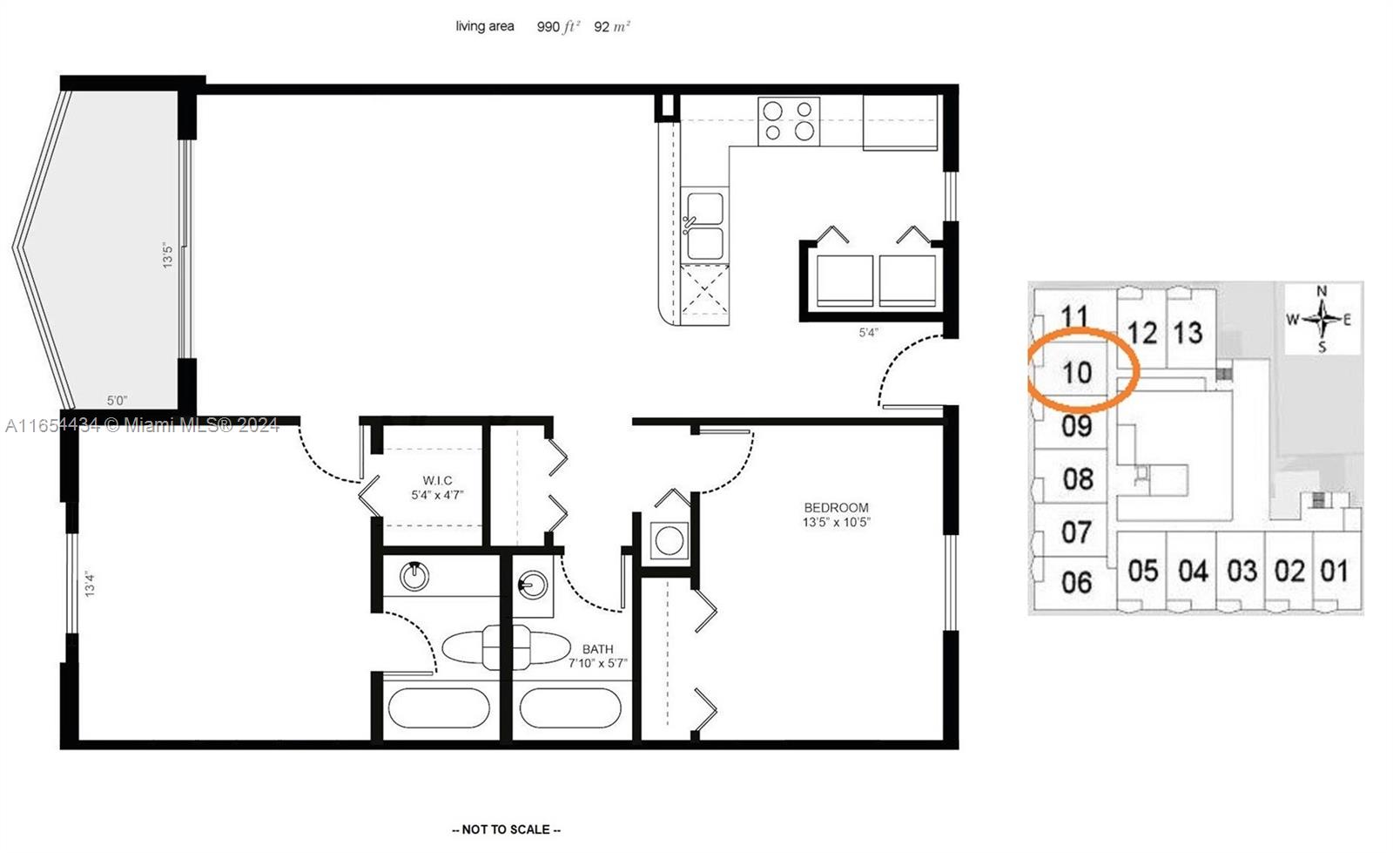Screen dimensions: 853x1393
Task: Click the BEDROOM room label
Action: (836, 507)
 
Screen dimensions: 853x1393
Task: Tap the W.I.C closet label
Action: (437, 480)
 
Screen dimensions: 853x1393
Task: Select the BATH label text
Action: (597, 649)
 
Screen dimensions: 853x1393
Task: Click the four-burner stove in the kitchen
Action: (789, 121)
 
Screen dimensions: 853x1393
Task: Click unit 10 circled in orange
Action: (1078, 372)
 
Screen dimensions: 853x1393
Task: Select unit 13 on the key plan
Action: (1188, 332)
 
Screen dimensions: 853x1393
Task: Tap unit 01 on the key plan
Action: (1334, 572)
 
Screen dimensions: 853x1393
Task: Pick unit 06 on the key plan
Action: (1077, 582)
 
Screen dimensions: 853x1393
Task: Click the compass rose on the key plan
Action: (1322, 319)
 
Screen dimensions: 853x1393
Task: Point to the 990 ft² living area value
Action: (558, 27)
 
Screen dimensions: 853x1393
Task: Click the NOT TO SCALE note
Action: (506, 829)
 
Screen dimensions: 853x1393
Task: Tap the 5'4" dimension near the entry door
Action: (868, 332)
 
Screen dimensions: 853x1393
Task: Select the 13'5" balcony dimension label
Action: (168, 254)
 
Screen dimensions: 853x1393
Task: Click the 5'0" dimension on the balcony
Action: (117, 401)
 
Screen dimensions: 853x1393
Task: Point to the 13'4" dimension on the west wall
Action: (89, 583)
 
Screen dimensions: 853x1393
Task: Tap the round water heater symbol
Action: (669, 541)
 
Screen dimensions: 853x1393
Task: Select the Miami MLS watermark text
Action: (142, 425)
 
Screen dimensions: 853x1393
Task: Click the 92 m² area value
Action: (612, 27)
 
